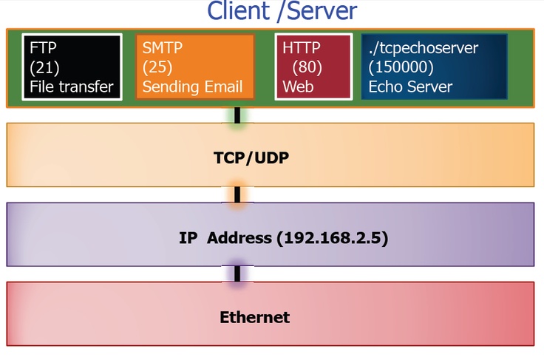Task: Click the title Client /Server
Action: [x=282, y=12]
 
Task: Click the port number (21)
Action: [x=44, y=67]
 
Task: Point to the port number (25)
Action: [x=158, y=67]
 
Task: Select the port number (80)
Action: [x=307, y=67]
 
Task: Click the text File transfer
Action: [x=72, y=87]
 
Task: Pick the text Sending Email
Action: [x=193, y=87]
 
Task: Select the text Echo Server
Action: [x=409, y=87]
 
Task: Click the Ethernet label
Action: [x=254, y=318]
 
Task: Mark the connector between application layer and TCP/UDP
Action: [x=237, y=115]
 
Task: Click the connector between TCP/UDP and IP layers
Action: [x=237, y=194]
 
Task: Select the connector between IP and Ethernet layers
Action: [x=237, y=274]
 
